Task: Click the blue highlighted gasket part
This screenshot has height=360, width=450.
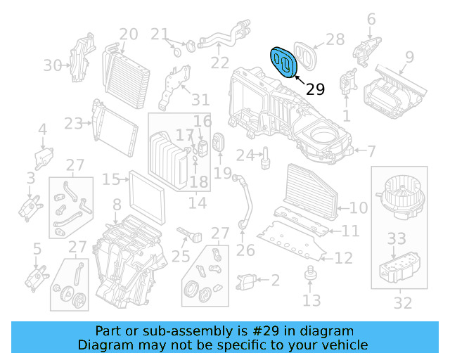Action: click(285, 62)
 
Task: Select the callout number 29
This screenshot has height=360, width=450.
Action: click(316, 89)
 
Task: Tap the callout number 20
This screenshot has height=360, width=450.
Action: click(128, 34)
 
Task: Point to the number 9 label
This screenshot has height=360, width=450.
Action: click(409, 56)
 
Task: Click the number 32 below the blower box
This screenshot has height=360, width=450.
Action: click(403, 304)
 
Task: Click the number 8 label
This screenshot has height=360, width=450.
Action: click(117, 205)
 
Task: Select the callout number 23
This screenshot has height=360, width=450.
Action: click(74, 124)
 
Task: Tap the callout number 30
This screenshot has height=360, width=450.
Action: click(53, 65)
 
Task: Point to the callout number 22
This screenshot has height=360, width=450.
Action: click(220, 63)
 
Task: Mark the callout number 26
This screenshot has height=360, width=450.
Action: click(245, 250)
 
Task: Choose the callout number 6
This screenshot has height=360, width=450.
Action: click(371, 19)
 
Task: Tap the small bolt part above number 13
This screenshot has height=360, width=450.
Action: click(309, 273)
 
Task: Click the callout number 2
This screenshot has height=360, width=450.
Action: click(275, 281)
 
